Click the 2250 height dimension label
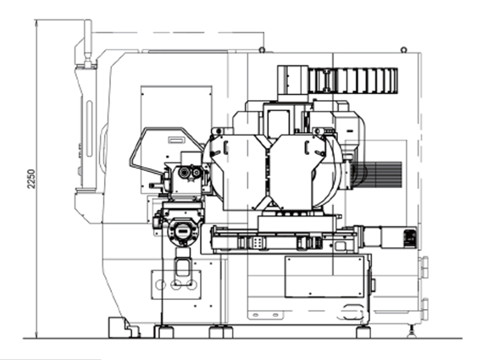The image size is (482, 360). point(31,179)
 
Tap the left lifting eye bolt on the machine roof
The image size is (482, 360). point(262,49)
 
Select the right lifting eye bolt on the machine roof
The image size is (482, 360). point(404,49)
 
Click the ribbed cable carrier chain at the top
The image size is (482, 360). point(353,80)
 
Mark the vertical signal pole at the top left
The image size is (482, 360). point(88,43)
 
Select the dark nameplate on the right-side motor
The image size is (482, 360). point(410,237)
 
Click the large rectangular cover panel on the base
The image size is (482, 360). point(324,277)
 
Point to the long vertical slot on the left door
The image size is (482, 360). point(89,129)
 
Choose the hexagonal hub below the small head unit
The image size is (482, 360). point(183,231)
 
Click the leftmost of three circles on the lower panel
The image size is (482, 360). point(160,285)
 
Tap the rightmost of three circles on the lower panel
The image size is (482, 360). point(191,285)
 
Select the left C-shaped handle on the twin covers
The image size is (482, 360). point(225,147)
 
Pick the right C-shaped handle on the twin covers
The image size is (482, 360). point(307,147)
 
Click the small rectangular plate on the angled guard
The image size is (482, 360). point(177,140)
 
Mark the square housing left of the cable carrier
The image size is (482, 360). point(292,80)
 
